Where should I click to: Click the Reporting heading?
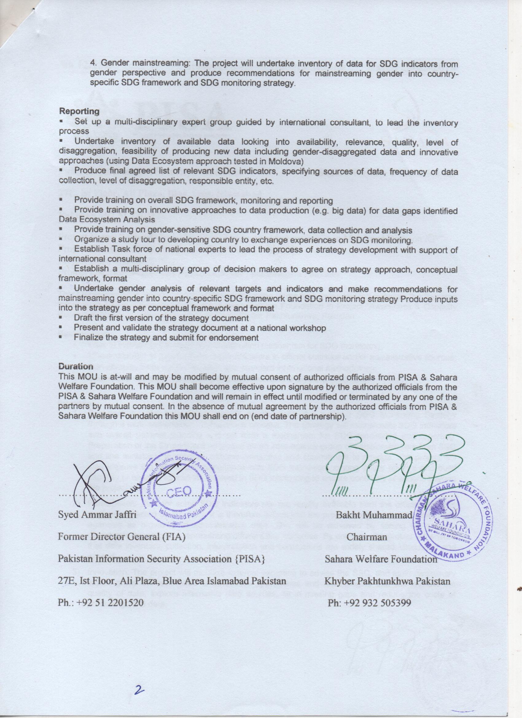tap(79, 111)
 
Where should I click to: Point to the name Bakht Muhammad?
tap(372, 515)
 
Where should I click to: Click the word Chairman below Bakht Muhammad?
tap(367, 537)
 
